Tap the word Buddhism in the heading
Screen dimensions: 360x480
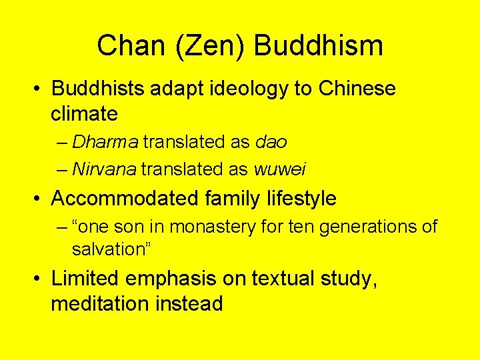(x=319, y=46)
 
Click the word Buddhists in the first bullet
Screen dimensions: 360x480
(x=98, y=89)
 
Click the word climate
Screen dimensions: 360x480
(x=84, y=114)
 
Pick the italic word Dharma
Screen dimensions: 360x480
(x=105, y=142)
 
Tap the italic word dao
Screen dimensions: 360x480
(x=271, y=142)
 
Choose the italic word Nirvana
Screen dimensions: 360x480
(x=103, y=169)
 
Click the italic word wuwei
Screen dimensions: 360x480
(x=280, y=169)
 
